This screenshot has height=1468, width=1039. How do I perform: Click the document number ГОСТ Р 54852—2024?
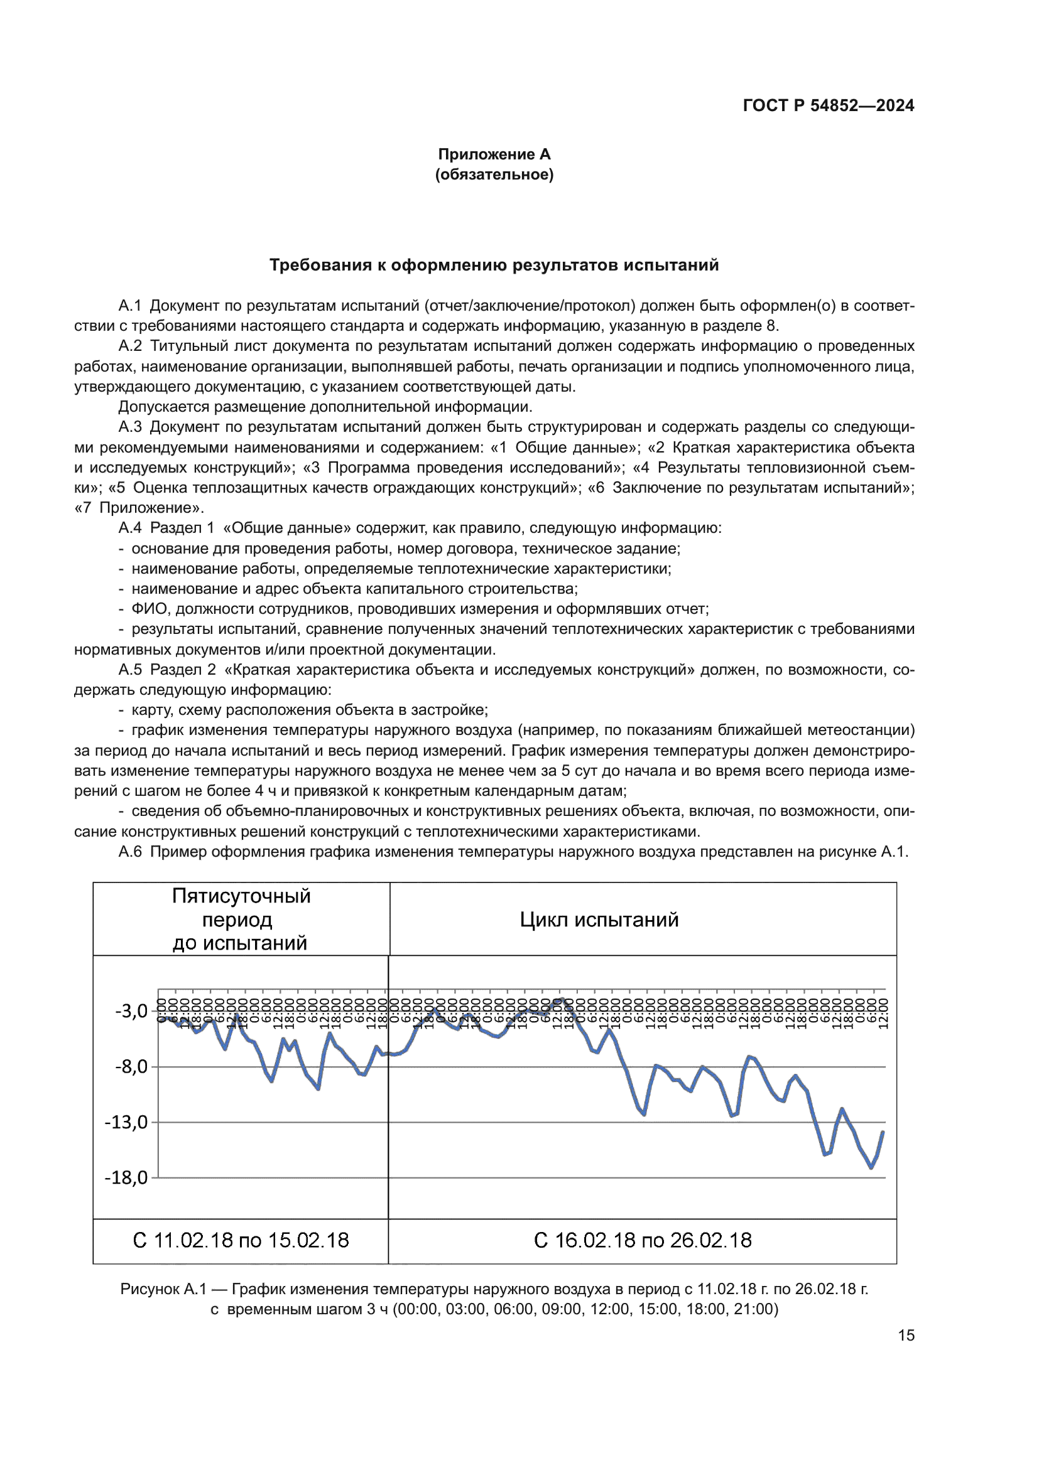[x=828, y=105]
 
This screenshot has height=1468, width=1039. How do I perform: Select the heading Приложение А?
[x=494, y=154]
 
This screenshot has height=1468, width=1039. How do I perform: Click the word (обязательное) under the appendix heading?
[x=494, y=174]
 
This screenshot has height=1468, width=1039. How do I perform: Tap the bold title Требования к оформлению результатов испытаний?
[x=494, y=265]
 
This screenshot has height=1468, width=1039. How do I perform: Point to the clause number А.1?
[x=130, y=306]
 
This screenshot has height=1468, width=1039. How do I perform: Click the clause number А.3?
[x=130, y=427]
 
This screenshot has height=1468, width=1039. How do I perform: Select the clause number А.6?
[x=130, y=852]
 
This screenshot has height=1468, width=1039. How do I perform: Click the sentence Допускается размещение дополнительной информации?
[x=325, y=407]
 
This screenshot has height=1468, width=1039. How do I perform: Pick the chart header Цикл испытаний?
[x=599, y=919]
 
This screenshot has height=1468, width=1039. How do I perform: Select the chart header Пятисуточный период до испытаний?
[x=241, y=919]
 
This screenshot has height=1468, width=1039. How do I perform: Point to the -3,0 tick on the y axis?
[x=132, y=1011]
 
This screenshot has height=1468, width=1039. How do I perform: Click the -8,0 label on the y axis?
[x=132, y=1066]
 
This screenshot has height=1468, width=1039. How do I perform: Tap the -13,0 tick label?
[x=127, y=1122]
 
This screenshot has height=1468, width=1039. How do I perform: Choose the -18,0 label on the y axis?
[x=127, y=1177]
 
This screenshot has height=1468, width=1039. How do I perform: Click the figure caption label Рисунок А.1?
[x=163, y=1289]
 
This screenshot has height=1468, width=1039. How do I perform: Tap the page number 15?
[x=906, y=1336]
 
